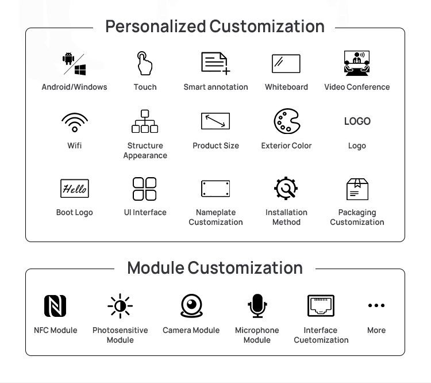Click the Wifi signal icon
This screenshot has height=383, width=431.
(x=75, y=122)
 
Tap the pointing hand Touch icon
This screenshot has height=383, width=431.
(x=144, y=63)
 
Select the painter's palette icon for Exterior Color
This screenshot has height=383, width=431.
(x=286, y=121)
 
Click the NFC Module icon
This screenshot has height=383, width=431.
(x=55, y=306)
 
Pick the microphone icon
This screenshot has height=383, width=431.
(x=257, y=306)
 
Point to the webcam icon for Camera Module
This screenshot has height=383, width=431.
(x=191, y=306)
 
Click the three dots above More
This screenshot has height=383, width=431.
(x=376, y=305)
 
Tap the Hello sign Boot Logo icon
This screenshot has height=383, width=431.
(x=75, y=189)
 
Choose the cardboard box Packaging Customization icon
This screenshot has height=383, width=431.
(x=357, y=189)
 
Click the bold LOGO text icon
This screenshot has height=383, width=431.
(x=357, y=121)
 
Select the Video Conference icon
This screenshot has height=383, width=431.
(x=357, y=63)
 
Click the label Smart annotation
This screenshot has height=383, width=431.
(x=215, y=87)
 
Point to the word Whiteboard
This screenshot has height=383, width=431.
(x=286, y=87)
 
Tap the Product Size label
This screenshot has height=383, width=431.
(x=215, y=146)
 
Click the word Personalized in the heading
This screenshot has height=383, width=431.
(x=155, y=26)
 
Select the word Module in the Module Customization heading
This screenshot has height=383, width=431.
(x=156, y=268)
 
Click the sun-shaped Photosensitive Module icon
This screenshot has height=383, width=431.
(x=120, y=306)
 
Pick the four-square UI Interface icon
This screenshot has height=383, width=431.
(x=144, y=189)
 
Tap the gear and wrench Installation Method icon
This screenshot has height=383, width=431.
(x=286, y=189)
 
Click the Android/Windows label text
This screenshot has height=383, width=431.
(x=74, y=87)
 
